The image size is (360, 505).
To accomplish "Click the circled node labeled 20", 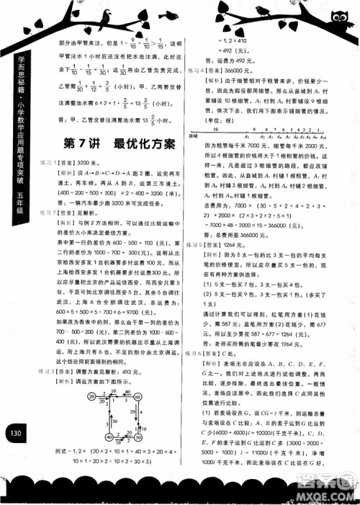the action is (x=91, y=395).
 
